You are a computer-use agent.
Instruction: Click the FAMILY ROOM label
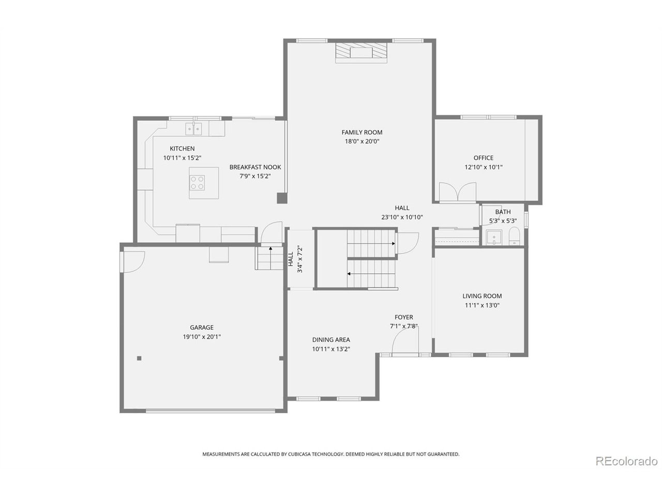(362, 133)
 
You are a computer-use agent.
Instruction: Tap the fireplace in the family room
(361, 52)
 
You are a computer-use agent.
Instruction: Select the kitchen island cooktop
(197, 183)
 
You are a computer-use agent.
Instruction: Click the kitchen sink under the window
(194, 128)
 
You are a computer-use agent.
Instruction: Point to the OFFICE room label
(483, 158)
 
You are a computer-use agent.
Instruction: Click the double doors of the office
(457, 192)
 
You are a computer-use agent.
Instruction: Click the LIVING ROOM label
(482, 296)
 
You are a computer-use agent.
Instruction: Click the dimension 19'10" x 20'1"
(201, 337)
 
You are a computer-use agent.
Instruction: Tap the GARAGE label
(201, 327)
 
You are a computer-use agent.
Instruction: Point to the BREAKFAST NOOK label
(255, 167)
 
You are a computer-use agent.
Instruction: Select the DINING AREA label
(330, 340)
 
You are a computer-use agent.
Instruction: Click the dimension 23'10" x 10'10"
(402, 217)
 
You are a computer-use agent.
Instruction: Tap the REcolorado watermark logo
(626, 461)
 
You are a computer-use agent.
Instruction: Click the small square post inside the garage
(139, 358)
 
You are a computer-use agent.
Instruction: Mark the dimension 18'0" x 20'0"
(362, 141)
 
